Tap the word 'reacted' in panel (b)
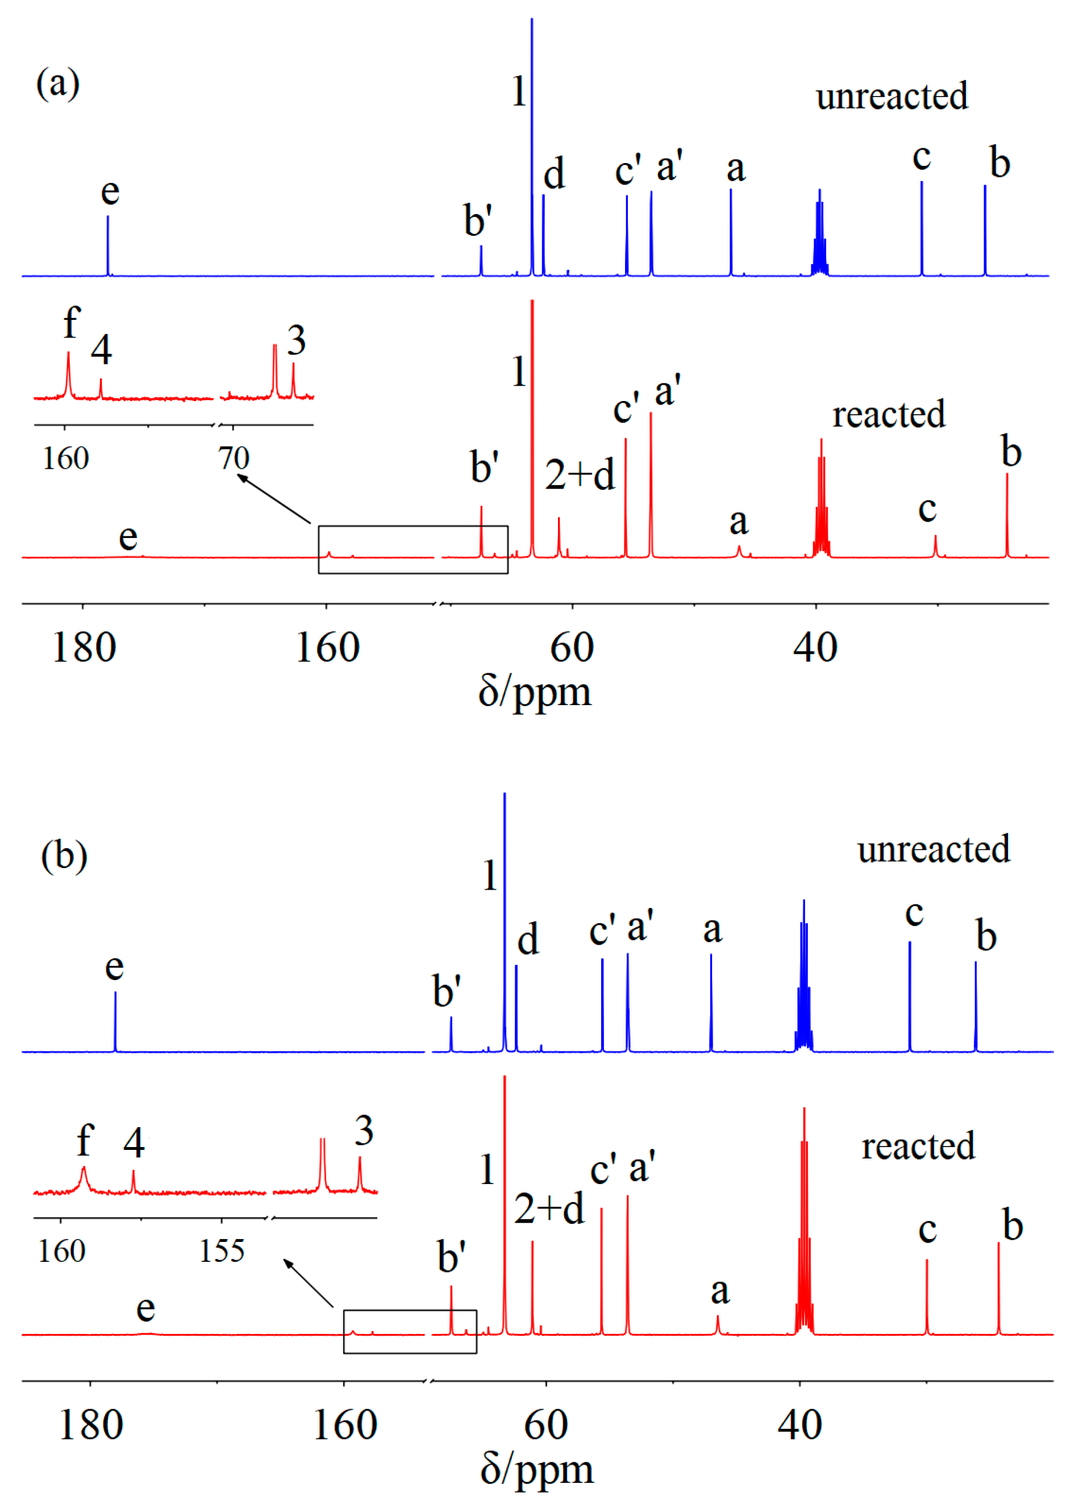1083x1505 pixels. point(918,1146)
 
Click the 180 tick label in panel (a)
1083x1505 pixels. point(84,648)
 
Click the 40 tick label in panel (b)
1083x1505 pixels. point(799,1425)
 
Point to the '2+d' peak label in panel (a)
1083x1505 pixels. point(580,475)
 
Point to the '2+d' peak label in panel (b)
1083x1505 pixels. point(549,1208)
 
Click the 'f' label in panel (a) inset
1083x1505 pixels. point(71,323)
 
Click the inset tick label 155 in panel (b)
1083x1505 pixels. point(222,1251)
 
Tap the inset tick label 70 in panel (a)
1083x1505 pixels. point(234,458)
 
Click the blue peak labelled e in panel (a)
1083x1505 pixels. point(108,245)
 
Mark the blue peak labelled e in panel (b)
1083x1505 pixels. point(115,1022)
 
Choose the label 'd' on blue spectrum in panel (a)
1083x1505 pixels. point(553,174)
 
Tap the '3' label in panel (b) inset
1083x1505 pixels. point(364,1131)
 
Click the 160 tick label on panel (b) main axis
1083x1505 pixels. point(344,1425)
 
